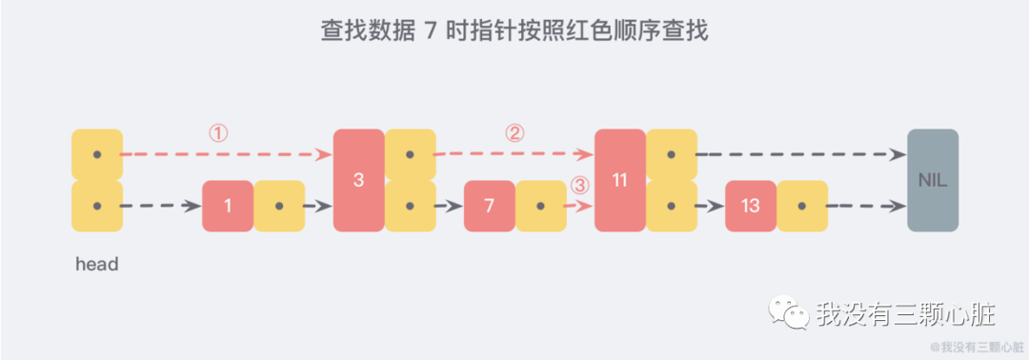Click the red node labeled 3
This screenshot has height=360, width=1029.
(358, 180)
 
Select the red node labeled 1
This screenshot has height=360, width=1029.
(228, 206)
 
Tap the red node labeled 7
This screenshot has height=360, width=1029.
(489, 206)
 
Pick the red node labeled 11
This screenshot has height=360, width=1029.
(619, 180)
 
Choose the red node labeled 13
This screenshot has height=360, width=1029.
(750, 206)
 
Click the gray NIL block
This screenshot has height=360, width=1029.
(933, 180)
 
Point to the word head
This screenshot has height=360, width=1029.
(96, 265)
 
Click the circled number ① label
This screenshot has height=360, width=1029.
(218, 133)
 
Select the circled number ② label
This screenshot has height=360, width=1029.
(514, 133)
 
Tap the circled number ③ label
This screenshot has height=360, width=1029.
(579, 185)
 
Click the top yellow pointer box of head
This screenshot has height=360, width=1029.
(97, 154)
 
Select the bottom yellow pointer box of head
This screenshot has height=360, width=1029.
(97, 206)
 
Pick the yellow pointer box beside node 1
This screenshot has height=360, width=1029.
(279, 206)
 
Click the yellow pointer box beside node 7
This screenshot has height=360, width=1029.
(540, 206)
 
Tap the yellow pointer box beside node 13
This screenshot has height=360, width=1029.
(801, 206)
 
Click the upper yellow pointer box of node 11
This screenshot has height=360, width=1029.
(671, 154)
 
